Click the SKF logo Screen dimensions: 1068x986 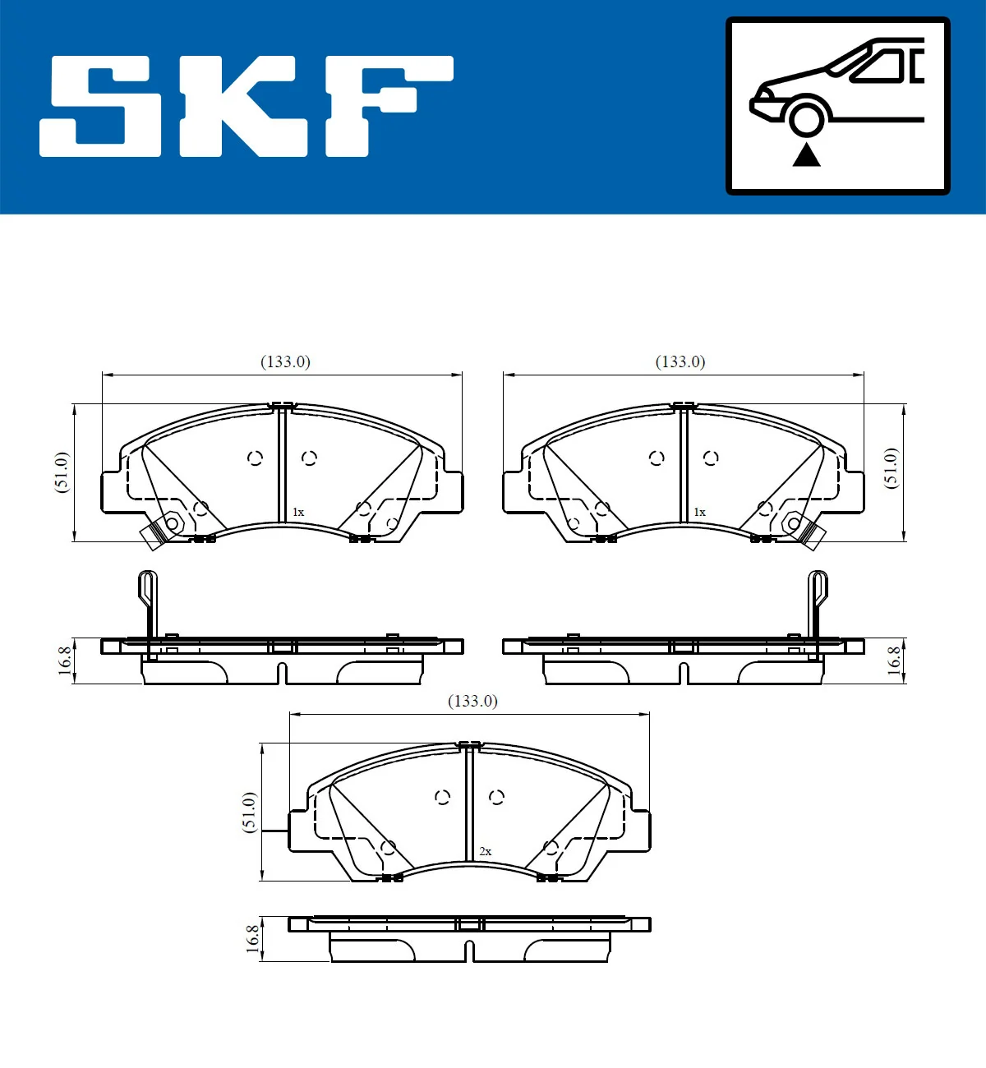[x=246, y=106]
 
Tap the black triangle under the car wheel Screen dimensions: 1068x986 [x=806, y=154]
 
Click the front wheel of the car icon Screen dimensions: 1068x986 [x=806, y=117]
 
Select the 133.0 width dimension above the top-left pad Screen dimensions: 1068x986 [x=285, y=361]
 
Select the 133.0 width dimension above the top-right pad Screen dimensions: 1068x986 [x=680, y=361]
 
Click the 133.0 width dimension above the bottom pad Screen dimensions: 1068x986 [x=472, y=701]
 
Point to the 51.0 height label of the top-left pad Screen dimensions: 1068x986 [x=62, y=472]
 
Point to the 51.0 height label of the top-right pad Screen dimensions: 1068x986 [x=891, y=468]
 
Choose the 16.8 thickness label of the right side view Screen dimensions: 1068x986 [x=894, y=661]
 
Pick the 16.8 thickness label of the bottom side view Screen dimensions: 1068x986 [x=253, y=938]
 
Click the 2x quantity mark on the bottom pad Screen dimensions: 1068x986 [x=486, y=852]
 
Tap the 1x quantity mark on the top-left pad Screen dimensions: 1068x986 [x=298, y=513]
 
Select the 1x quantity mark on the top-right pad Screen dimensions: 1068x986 [x=699, y=513]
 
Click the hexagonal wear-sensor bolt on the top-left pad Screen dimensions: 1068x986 [x=173, y=523]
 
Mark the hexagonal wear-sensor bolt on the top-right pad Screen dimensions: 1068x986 [x=793, y=522]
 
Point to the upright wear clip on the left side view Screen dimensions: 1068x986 [x=148, y=604]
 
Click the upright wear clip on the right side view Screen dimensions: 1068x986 [x=818, y=604]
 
